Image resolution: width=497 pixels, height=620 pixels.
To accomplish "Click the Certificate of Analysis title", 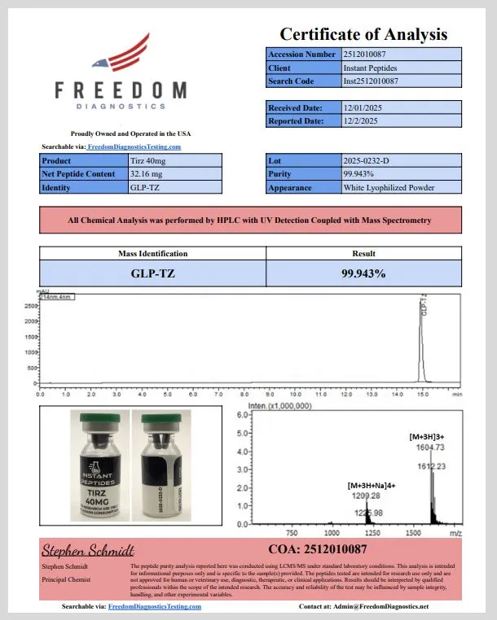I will coord(363,33).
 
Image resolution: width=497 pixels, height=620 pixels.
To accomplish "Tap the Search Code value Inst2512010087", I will coord(371,81).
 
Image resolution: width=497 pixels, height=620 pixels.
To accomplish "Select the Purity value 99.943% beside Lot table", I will coord(359,174).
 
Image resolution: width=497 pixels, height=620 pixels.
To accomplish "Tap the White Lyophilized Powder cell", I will coord(389,188).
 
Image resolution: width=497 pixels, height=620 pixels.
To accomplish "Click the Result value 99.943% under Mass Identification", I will coord(363,273).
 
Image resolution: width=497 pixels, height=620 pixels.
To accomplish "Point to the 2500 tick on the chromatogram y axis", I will coord(30,306).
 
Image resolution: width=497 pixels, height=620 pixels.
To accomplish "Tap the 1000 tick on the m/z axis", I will coord(332,532).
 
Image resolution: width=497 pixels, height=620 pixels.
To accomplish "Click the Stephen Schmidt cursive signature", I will coord(87,550).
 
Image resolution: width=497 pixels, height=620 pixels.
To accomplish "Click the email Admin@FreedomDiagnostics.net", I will coord(375,607).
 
